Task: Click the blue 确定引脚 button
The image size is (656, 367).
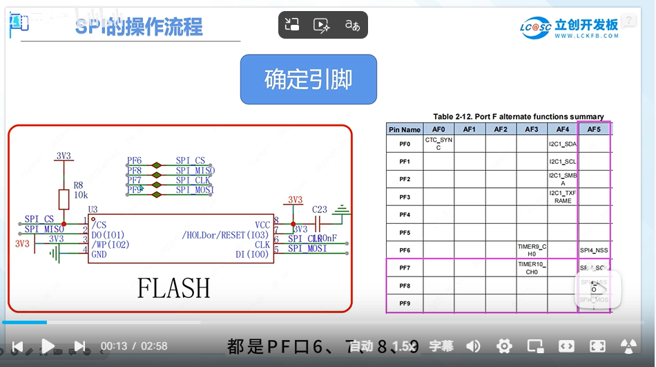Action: pos(308,79)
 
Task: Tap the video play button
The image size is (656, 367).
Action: pos(48,346)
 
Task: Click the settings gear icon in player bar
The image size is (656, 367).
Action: pos(505,346)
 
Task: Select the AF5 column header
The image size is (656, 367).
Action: pos(594,129)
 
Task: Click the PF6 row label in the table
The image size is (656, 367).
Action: pos(405,250)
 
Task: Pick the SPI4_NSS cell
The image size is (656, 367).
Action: pos(594,250)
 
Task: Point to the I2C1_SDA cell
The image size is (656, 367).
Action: pos(563,144)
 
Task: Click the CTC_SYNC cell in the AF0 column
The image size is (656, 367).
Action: pos(438,144)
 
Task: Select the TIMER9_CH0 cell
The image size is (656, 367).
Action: pos(532,250)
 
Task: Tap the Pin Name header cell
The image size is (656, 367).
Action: pos(405,129)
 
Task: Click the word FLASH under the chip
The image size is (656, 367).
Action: pos(173,288)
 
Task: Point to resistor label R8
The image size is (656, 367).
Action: pos(78,185)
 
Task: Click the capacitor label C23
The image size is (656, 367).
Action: pos(320,209)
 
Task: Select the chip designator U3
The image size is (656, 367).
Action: pos(93,209)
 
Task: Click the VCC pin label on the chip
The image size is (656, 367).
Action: pos(262,225)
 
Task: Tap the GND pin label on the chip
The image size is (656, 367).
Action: pos(99,254)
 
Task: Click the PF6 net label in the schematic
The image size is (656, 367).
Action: pos(134,161)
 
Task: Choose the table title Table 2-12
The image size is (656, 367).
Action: pos(518,116)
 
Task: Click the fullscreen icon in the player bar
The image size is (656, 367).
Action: pos(598,346)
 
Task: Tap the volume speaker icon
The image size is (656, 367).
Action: pos(474,346)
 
